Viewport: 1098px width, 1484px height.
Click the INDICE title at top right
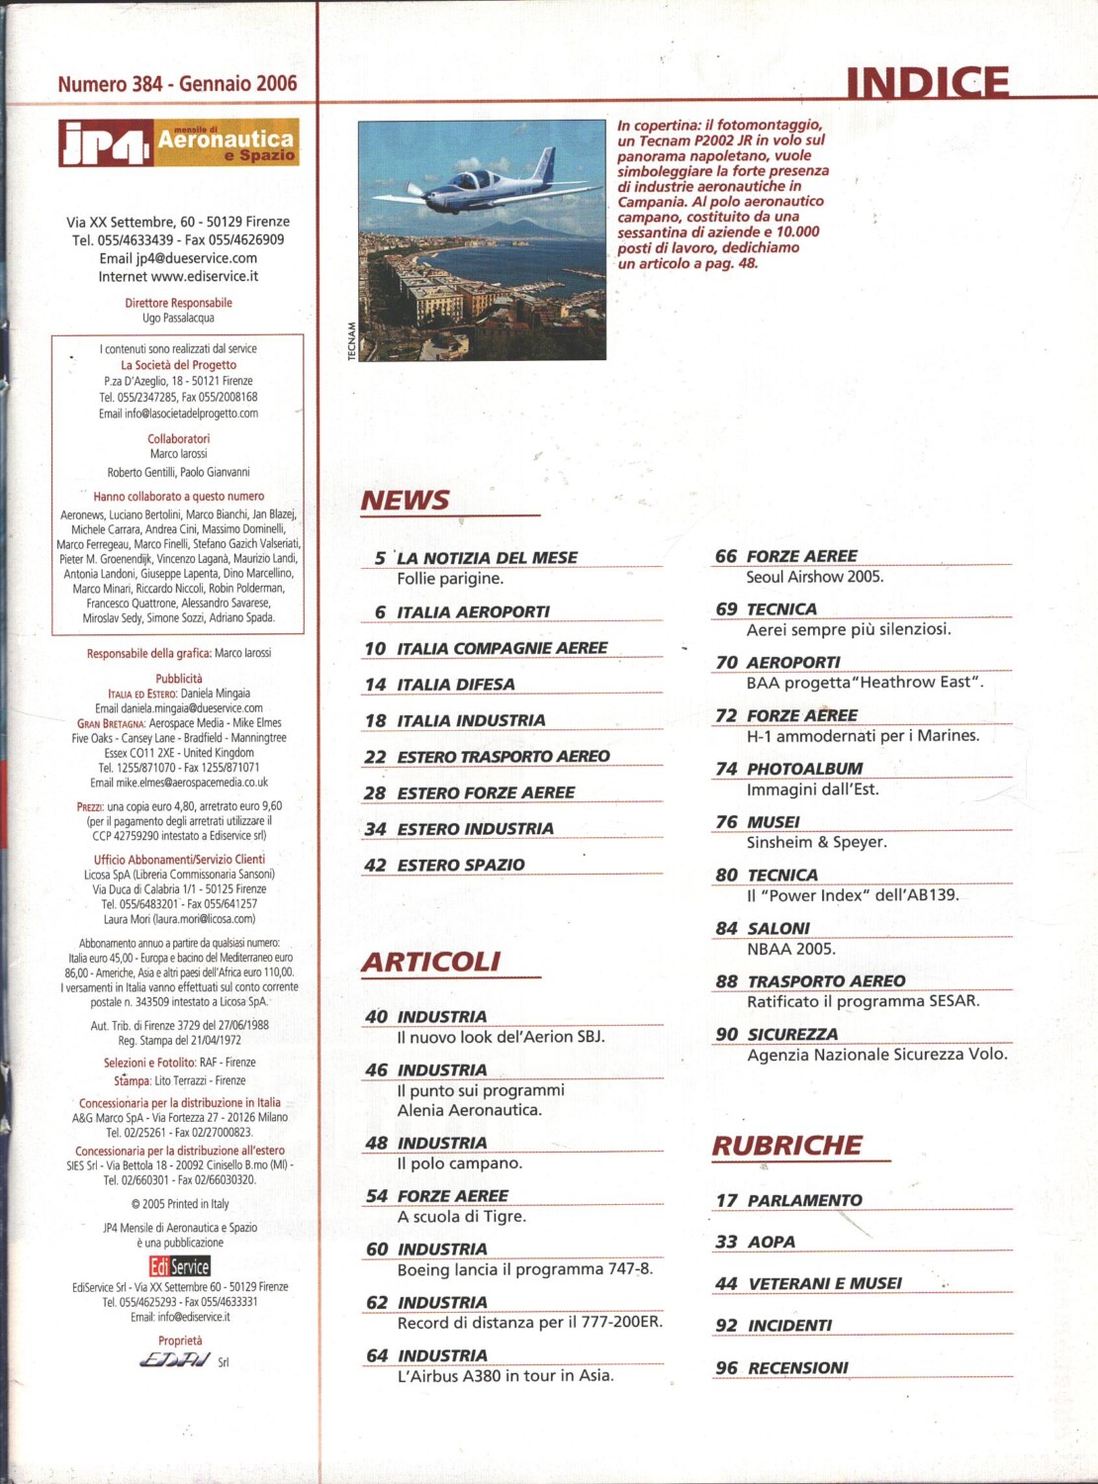(927, 83)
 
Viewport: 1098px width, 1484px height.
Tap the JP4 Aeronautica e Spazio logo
(178, 142)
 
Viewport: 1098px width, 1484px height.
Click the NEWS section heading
(405, 501)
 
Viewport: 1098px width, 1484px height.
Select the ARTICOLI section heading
(431, 962)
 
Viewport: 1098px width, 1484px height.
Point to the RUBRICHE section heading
(787, 1146)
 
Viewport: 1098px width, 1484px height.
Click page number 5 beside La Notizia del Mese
(380, 558)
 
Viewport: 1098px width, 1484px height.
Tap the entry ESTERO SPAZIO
(461, 865)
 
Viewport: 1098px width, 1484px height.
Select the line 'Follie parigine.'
(450, 579)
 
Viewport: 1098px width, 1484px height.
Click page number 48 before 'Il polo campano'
(376, 1143)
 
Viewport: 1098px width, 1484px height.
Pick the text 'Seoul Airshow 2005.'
(815, 577)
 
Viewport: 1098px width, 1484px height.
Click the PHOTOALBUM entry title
(804, 769)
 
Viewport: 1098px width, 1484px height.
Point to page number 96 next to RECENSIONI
(727, 1367)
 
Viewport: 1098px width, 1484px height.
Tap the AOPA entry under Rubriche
(772, 1242)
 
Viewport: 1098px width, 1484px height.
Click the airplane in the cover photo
(481, 182)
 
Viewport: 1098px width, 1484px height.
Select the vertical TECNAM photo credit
(351, 341)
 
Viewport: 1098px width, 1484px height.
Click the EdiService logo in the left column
(180, 1266)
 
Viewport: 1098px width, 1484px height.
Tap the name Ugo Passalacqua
(178, 319)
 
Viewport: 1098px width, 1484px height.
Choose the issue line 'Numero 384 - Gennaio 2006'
(177, 84)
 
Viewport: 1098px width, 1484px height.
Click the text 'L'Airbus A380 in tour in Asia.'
(504, 1375)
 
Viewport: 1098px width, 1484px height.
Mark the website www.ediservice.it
(205, 277)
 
